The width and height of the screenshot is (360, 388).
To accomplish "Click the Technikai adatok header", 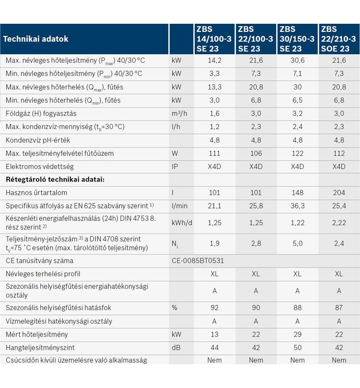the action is (35, 39).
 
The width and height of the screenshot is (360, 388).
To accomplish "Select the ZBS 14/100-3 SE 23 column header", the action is (214, 39).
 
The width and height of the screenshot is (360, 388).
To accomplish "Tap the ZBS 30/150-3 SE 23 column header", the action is (297, 39).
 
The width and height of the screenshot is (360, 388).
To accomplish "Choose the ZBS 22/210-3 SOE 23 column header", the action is (339, 39).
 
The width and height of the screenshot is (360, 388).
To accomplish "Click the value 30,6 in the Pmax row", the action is (297, 60).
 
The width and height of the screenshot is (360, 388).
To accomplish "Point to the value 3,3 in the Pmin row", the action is (214, 73).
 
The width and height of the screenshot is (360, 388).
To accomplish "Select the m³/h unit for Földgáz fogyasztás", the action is (179, 113).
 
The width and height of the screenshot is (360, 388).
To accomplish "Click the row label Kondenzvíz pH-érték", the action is (38, 140).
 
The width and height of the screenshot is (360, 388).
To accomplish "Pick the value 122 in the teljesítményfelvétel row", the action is (297, 153).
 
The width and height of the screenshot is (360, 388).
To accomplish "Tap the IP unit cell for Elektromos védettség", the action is (175, 166).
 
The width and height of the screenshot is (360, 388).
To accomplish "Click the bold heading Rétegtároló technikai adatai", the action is (55, 180).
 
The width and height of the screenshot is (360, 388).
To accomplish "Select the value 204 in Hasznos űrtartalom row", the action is (339, 193).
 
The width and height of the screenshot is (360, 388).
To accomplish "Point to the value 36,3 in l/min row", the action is (297, 206).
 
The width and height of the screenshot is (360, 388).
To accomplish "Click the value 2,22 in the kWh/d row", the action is (339, 223).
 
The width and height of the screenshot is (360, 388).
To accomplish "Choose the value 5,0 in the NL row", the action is (297, 243).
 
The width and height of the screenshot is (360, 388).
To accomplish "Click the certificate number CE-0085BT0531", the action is (198, 261).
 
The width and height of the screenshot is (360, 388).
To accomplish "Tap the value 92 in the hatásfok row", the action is (214, 308).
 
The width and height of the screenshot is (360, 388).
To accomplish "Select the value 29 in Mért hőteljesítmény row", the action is (297, 334).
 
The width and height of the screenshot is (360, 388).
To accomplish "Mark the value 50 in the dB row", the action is (297, 348).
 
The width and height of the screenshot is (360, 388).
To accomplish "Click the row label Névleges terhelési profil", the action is (43, 274).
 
